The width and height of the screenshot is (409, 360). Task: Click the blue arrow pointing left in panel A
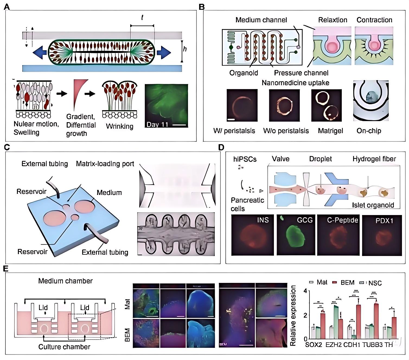tap(40, 52)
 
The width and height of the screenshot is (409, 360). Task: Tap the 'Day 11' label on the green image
tap(157, 125)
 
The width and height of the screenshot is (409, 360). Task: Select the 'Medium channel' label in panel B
tap(261, 20)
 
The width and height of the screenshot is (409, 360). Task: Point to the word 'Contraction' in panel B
tap(374, 20)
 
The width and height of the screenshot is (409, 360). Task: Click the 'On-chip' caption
tap(369, 131)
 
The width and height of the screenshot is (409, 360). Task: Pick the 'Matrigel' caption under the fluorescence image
tap(330, 131)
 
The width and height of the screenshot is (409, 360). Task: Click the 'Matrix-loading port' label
tap(105, 164)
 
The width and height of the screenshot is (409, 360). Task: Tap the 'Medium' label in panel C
tap(109, 192)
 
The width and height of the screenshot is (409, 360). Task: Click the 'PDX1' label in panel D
tap(384, 221)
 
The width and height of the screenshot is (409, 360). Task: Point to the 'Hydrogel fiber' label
tap(374, 159)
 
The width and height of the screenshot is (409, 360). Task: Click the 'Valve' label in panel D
tap(280, 159)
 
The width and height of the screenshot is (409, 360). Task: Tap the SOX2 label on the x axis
tap(314, 345)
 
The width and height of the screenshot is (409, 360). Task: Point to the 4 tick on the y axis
tap(305, 291)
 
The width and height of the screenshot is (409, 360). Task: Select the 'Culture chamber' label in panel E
tap(64, 347)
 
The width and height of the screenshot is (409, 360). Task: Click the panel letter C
tap(7, 147)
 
